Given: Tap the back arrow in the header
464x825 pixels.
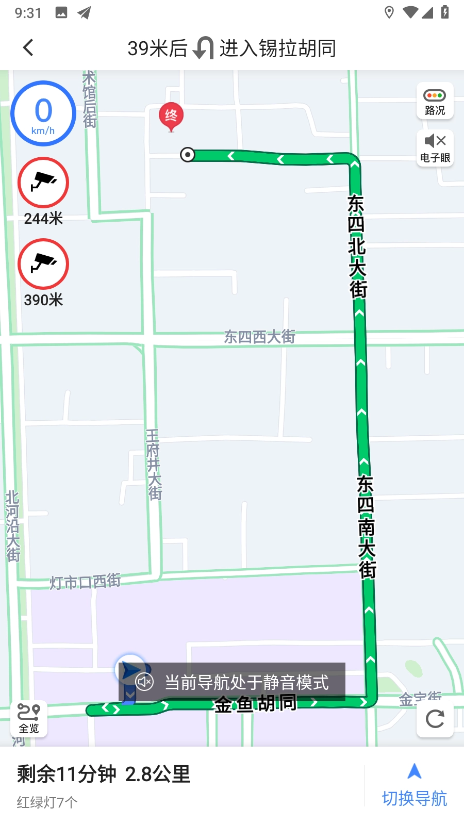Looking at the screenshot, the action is (x=28, y=48).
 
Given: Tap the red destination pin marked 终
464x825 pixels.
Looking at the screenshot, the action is (x=171, y=116).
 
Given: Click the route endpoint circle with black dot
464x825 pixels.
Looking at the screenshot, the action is (x=188, y=154).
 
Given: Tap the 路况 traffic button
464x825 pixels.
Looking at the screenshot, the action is (x=435, y=101).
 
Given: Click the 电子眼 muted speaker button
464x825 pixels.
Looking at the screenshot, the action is (x=435, y=147).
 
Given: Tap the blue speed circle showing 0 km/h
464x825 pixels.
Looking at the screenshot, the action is (x=43, y=113).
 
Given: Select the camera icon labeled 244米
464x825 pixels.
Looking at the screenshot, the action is (x=43, y=183).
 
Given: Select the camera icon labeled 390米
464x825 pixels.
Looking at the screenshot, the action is (x=43, y=264).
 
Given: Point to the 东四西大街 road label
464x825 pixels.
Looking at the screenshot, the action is (x=259, y=337).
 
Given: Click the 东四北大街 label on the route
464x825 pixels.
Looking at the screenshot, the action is (x=357, y=246).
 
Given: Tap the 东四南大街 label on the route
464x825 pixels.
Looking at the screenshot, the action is (x=366, y=526).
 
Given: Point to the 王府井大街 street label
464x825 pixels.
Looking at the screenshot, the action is (x=154, y=465).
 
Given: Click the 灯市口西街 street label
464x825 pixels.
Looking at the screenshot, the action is (x=85, y=582).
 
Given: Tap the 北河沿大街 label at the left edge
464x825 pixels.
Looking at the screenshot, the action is (x=12, y=526).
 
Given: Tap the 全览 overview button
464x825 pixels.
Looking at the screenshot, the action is (x=29, y=718).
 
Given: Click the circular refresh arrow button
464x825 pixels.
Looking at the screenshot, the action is (x=435, y=718).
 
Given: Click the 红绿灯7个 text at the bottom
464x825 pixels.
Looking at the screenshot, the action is (x=47, y=802).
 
